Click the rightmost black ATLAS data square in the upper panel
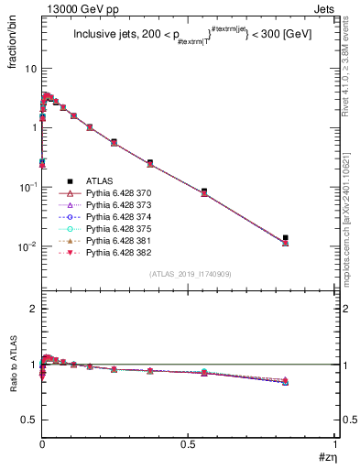tap(286, 238)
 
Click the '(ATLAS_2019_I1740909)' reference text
tap(191, 275)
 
